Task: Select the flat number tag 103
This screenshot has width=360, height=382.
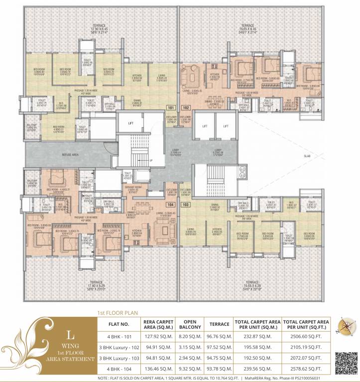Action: point(186,204)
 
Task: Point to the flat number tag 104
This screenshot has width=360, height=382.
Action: point(172,204)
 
